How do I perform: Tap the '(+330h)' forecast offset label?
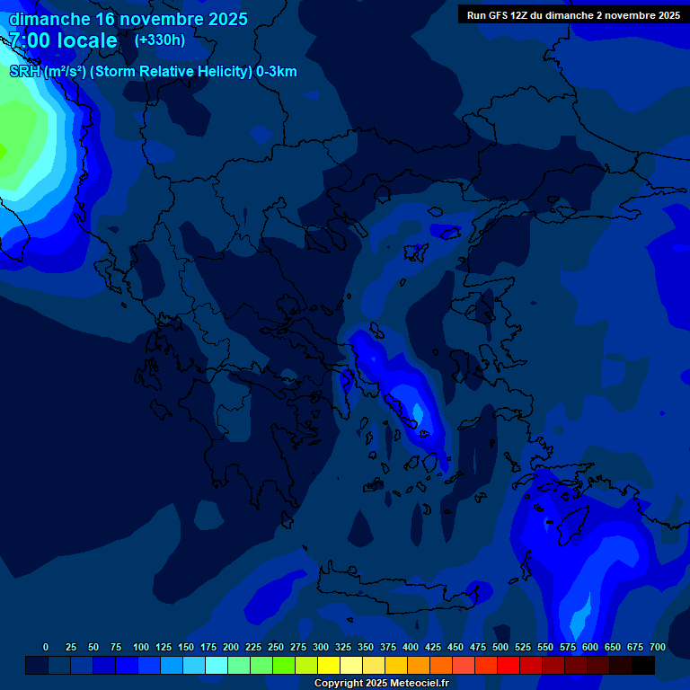[x=160, y=40]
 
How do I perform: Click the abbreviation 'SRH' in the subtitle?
[x=25, y=72]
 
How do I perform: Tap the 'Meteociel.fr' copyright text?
[x=419, y=684]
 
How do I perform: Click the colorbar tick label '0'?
[x=46, y=647]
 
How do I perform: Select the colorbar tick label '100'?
[x=141, y=647]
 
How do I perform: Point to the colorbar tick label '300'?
[x=321, y=647]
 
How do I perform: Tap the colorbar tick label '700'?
[x=658, y=647]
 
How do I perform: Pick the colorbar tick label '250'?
[x=276, y=647]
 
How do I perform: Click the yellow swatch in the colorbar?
[x=329, y=666]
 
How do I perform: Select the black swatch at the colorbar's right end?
[x=643, y=666]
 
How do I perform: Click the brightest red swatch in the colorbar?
[x=509, y=666]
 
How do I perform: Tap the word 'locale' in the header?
[x=84, y=40]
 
